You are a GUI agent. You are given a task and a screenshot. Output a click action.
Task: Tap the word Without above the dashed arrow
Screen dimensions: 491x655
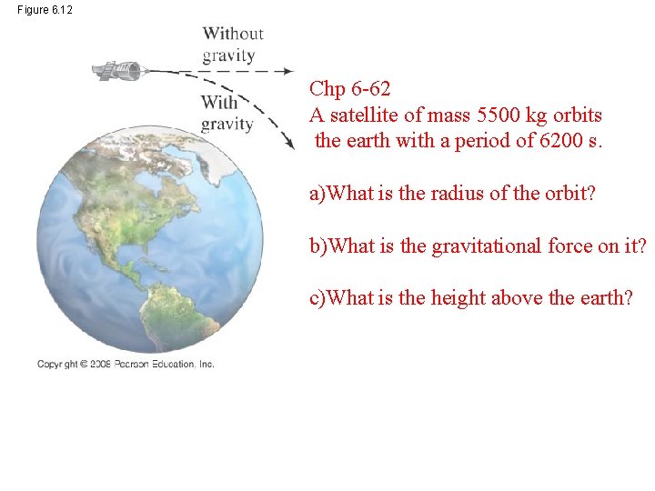coord(233,34)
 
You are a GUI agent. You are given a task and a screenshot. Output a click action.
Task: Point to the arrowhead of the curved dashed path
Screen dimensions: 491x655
coord(290,144)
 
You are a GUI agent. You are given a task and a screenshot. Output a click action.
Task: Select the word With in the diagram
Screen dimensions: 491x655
coord(219,102)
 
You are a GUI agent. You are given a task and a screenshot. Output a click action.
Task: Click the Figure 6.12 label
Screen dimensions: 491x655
coord(45,9)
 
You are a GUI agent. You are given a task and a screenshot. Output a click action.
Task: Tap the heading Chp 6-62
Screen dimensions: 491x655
coord(350,88)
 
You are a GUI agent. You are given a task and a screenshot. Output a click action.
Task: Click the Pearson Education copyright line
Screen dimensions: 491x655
coord(126,364)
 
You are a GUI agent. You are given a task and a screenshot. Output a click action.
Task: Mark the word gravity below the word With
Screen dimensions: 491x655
coord(227,124)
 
